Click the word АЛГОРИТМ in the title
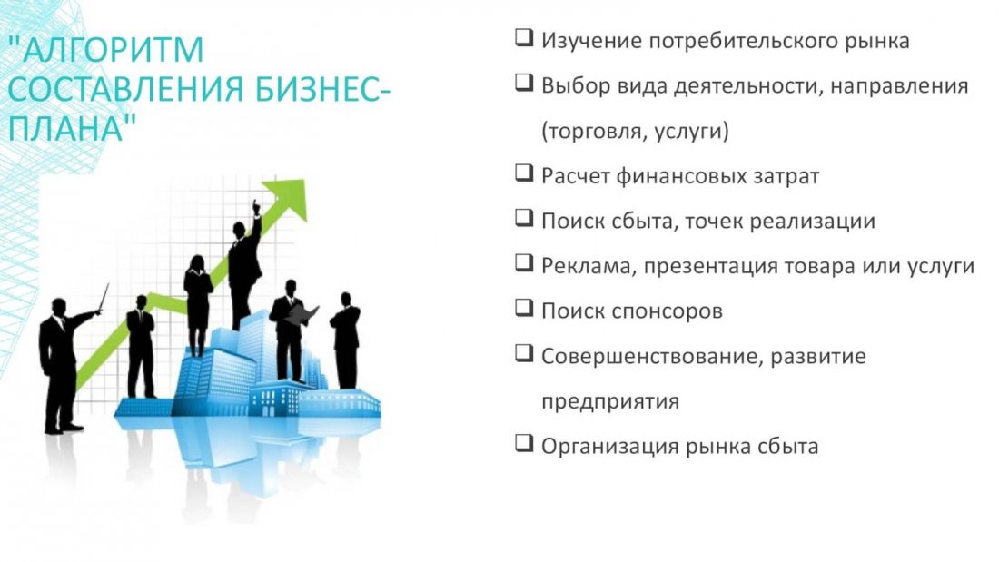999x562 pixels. [x=114, y=49]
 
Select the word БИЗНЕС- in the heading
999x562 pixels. [x=322, y=89]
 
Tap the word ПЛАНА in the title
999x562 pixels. [x=65, y=128]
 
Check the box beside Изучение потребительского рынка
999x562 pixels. [x=524, y=37]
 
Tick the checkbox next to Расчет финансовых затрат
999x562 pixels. [x=524, y=173]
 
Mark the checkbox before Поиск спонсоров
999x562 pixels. [x=524, y=308]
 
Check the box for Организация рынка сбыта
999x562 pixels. [x=524, y=443]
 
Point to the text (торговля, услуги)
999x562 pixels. [x=635, y=132]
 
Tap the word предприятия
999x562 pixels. [x=610, y=402]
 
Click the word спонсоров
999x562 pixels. [x=668, y=311]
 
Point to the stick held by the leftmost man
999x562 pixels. [x=104, y=298]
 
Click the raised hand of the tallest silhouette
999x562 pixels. [x=256, y=208]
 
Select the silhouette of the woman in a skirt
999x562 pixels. [x=198, y=305]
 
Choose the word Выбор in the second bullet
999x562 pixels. [x=576, y=85]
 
